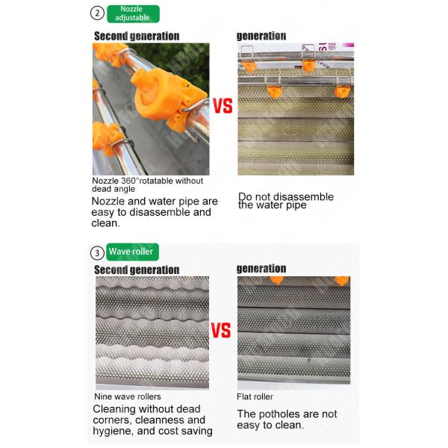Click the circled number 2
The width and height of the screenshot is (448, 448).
click(x=97, y=13)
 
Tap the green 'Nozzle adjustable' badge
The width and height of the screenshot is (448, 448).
click(x=132, y=13)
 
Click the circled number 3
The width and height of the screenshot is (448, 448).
click(x=97, y=252)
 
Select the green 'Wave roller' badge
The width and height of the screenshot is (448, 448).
click(x=132, y=252)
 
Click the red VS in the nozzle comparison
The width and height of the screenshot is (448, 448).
click(x=223, y=106)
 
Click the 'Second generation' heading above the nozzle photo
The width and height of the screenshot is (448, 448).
click(x=137, y=36)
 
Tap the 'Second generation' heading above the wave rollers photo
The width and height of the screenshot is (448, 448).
click(x=137, y=270)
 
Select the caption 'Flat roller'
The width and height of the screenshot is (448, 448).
click(x=255, y=396)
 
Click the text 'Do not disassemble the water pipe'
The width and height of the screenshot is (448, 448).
click(x=285, y=201)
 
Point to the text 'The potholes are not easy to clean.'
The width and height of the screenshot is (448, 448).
click(x=287, y=419)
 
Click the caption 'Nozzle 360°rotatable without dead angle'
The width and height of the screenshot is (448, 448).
click(x=147, y=184)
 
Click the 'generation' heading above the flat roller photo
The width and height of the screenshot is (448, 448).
click(x=261, y=269)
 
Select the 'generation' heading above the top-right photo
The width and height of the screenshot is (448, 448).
click(x=261, y=36)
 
